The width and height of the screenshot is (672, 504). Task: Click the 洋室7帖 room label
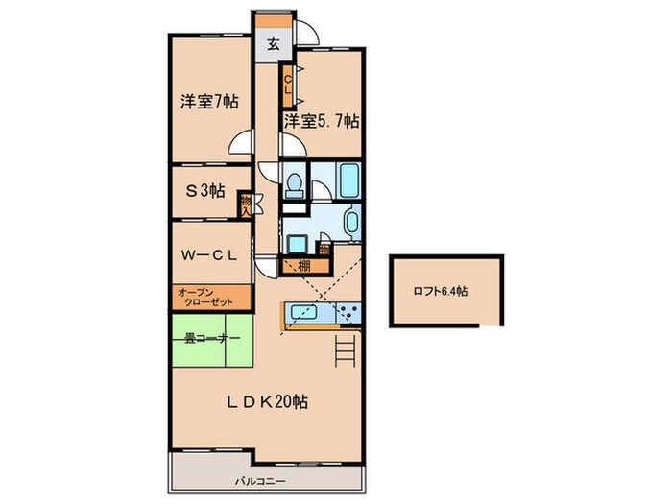[x=208, y=102]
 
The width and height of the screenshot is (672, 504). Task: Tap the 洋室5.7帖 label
[x=321, y=122]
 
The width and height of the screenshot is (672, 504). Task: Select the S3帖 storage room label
[x=204, y=190]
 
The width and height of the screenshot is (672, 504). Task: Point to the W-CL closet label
[x=209, y=255]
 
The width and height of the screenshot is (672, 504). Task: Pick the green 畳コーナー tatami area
[x=210, y=339]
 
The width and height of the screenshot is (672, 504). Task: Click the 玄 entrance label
[x=274, y=43]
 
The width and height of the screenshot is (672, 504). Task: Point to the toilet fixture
[x=296, y=181]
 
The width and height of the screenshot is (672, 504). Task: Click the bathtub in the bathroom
[x=349, y=179]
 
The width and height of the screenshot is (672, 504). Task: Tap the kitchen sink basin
[x=301, y=314]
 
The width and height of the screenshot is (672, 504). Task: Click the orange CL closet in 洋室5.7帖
[x=287, y=84]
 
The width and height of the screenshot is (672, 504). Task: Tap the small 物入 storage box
[x=246, y=204]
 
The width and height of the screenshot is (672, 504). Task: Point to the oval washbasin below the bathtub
[x=349, y=225]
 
